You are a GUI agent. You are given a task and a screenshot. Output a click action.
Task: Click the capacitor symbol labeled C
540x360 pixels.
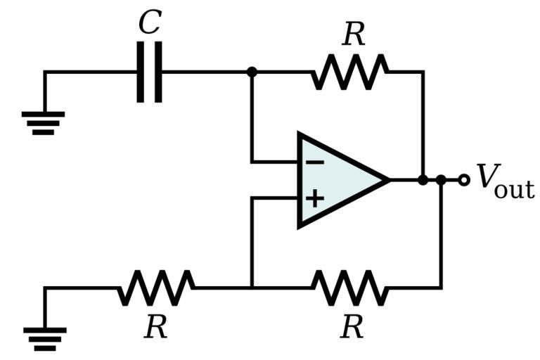click(149, 72)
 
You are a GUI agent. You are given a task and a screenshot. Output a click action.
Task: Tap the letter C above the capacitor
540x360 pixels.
click(149, 22)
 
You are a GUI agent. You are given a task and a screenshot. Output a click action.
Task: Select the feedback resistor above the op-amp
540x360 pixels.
click(350, 72)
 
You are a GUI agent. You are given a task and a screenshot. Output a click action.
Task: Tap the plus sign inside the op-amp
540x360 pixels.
click(314, 198)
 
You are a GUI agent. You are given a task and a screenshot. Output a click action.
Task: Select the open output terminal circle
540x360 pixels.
click(463, 180)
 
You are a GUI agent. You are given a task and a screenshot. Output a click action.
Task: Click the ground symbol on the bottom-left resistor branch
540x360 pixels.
click(44, 338)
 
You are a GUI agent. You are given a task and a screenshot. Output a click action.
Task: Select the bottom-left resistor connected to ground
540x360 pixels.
click(156, 288)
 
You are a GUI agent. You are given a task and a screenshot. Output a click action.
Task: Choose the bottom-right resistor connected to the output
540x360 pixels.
click(350, 288)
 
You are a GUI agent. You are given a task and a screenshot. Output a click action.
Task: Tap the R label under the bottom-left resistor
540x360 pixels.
click(155, 327)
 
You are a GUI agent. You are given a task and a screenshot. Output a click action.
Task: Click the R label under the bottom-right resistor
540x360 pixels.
click(352, 327)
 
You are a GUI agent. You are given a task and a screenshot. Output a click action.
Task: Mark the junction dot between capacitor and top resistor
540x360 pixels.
click(252, 72)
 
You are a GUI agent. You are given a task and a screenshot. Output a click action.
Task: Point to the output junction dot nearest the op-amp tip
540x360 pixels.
click(423, 180)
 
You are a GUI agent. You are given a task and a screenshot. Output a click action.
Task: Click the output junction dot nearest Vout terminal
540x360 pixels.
click(441, 180)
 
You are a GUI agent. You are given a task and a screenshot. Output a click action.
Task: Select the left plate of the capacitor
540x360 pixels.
click(141, 72)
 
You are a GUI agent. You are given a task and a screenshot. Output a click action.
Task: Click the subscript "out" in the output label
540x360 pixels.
click(514, 188)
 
